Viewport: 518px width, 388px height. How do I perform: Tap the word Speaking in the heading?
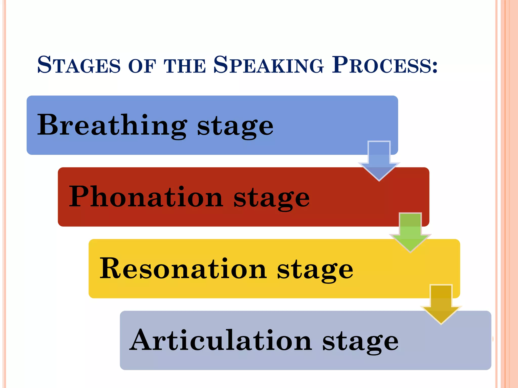(268, 65)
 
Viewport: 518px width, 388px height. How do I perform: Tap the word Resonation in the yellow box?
(183, 269)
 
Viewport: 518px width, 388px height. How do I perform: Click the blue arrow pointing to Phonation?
(379, 162)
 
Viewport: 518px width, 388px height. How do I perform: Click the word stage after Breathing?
(235, 126)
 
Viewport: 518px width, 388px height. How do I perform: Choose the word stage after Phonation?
(271, 198)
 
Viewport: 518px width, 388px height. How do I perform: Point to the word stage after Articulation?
(360, 342)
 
